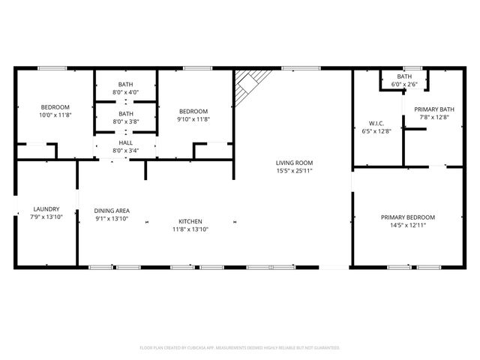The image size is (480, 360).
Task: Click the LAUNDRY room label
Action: (46, 209)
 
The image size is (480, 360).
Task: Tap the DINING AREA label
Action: (112, 210)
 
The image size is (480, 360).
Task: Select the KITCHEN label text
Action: (190, 221)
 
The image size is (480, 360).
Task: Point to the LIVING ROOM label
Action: (294, 163)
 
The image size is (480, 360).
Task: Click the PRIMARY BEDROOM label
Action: (407, 217)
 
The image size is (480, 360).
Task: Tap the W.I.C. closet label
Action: (376, 123)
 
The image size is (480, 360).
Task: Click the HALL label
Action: (125, 142)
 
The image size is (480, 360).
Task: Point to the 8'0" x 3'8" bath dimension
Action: (126, 122)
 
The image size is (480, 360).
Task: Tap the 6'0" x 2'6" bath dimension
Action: (404, 85)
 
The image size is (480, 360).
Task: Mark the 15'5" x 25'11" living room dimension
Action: (294, 171)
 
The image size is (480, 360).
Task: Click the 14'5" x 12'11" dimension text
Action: (407, 226)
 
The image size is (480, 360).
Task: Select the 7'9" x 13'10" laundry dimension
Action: (46, 217)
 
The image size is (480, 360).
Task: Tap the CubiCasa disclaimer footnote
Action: (240, 347)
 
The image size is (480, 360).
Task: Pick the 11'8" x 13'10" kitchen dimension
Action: (190, 229)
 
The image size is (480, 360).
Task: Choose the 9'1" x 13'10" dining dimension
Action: (112, 218)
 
